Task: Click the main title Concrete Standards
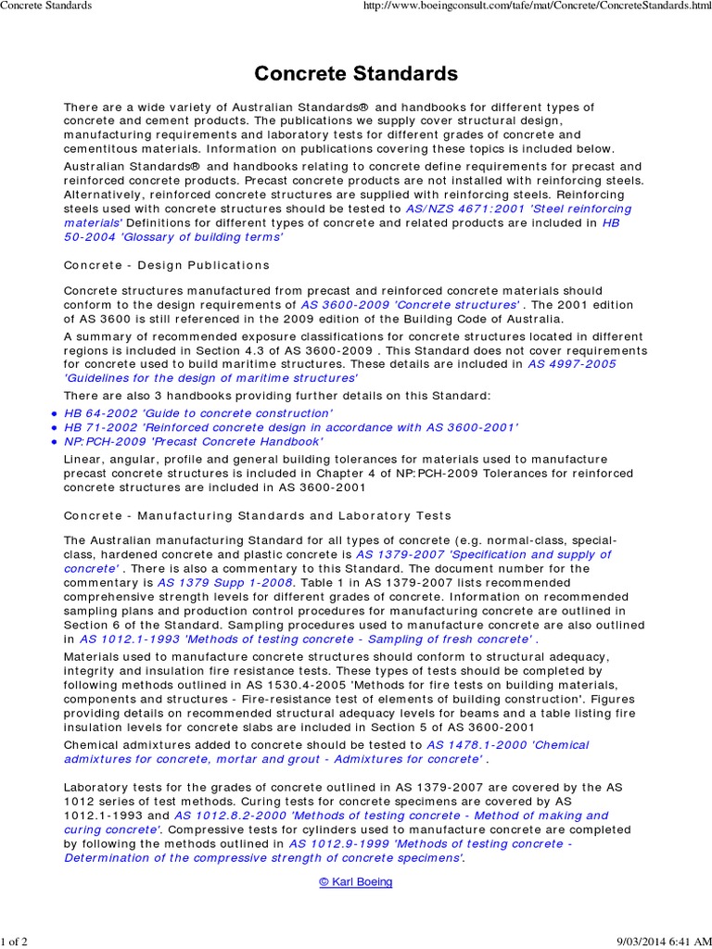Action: coord(356,73)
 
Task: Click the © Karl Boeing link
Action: coord(356,881)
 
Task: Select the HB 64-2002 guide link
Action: coord(197,412)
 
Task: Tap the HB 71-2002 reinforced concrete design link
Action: coord(290,427)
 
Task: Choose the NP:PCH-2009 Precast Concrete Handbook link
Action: coord(193,442)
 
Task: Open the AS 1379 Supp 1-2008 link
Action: coord(225,583)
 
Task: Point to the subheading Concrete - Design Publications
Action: coord(167,265)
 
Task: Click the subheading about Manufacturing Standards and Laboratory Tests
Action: coord(257,515)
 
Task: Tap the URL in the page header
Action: coord(556,6)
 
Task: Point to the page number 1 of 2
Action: coord(15,942)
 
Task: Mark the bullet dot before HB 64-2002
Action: coord(55,413)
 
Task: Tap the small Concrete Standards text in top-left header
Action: coord(45,6)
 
